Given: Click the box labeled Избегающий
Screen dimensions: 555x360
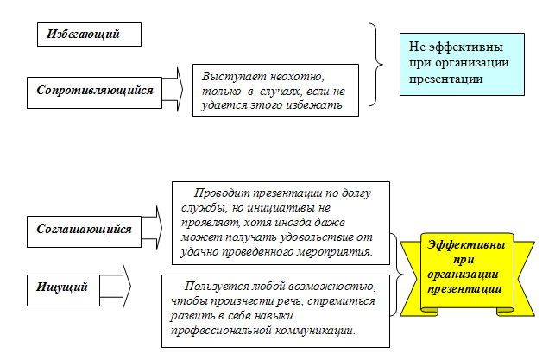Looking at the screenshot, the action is [x=89, y=35].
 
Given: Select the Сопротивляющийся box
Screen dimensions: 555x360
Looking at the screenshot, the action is [x=94, y=92].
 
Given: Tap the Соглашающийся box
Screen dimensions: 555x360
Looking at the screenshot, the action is [x=85, y=231].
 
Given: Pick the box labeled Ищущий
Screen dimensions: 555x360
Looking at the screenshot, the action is [x=63, y=290].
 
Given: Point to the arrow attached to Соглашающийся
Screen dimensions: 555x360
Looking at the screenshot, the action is [x=153, y=228].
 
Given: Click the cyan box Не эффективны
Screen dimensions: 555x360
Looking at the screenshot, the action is [x=462, y=65].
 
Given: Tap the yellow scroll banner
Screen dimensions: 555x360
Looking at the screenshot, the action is [x=467, y=275].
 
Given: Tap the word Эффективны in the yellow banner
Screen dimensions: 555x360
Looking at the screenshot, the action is [x=466, y=244].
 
